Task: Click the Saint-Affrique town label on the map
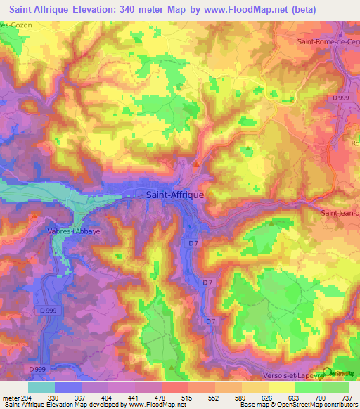pyautogui.click(x=174, y=196)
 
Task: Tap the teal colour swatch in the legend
pyautogui.click(x=41, y=387)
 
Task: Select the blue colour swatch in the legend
pyautogui.click(x=68, y=387)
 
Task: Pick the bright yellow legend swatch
pyautogui.click(x=281, y=387)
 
